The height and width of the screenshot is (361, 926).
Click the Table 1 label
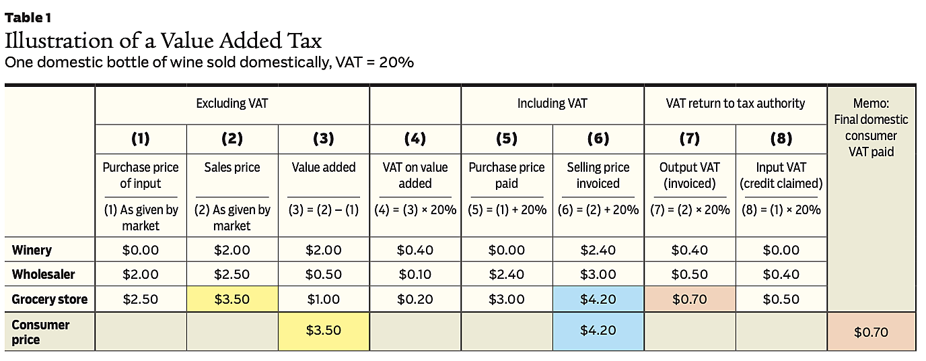tap(28, 18)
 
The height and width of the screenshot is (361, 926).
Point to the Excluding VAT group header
tap(231, 103)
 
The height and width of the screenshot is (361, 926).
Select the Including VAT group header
tap(552, 103)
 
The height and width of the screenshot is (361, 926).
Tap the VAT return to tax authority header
tap(735, 103)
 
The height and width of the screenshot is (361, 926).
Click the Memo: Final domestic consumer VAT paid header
tap(871, 128)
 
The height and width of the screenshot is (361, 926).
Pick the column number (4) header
tap(415, 139)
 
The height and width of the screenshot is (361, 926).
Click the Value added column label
tap(323, 167)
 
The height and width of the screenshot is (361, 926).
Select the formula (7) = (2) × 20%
tap(690, 209)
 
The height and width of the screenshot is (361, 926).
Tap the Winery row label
tap(32, 250)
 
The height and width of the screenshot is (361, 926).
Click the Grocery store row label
tap(50, 299)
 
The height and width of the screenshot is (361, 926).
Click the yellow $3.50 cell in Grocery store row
tap(231, 299)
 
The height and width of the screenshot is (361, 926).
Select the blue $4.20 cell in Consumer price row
tap(598, 331)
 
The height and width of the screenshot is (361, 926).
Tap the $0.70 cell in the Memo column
tap(871, 332)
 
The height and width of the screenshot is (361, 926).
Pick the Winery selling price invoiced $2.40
tap(598, 250)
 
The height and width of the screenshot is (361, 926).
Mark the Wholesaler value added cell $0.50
tap(323, 274)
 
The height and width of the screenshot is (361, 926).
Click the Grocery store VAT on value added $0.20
tap(415, 299)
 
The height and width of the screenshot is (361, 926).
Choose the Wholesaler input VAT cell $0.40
tap(781, 274)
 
